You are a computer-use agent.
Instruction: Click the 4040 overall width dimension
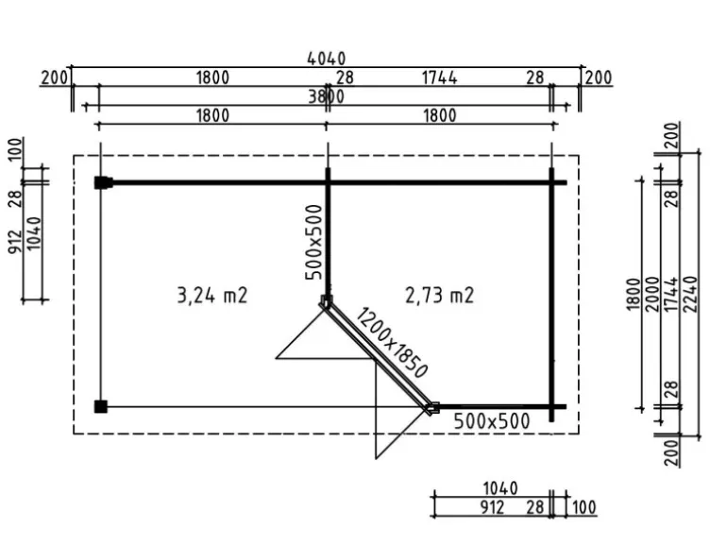pyautogui.click(x=327, y=59)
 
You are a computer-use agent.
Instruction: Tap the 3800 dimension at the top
pyautogui.click(x=327, y=96)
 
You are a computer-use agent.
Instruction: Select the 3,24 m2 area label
pyautogui.click(x=212, y=296)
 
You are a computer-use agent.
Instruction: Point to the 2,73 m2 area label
pyautogui.click(x=440, y=296)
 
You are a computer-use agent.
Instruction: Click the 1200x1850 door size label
pyautogui.click(x=391, y=343)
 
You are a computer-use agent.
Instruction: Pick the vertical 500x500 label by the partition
pyautogui.click(x=313, y=242)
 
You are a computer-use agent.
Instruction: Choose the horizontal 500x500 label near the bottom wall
pyautogui.click(x=492, y=421)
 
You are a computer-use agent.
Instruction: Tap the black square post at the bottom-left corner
pyautogui.click(x=101, y=407)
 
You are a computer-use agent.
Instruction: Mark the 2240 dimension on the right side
pyautogui.click(x=691, y=294)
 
